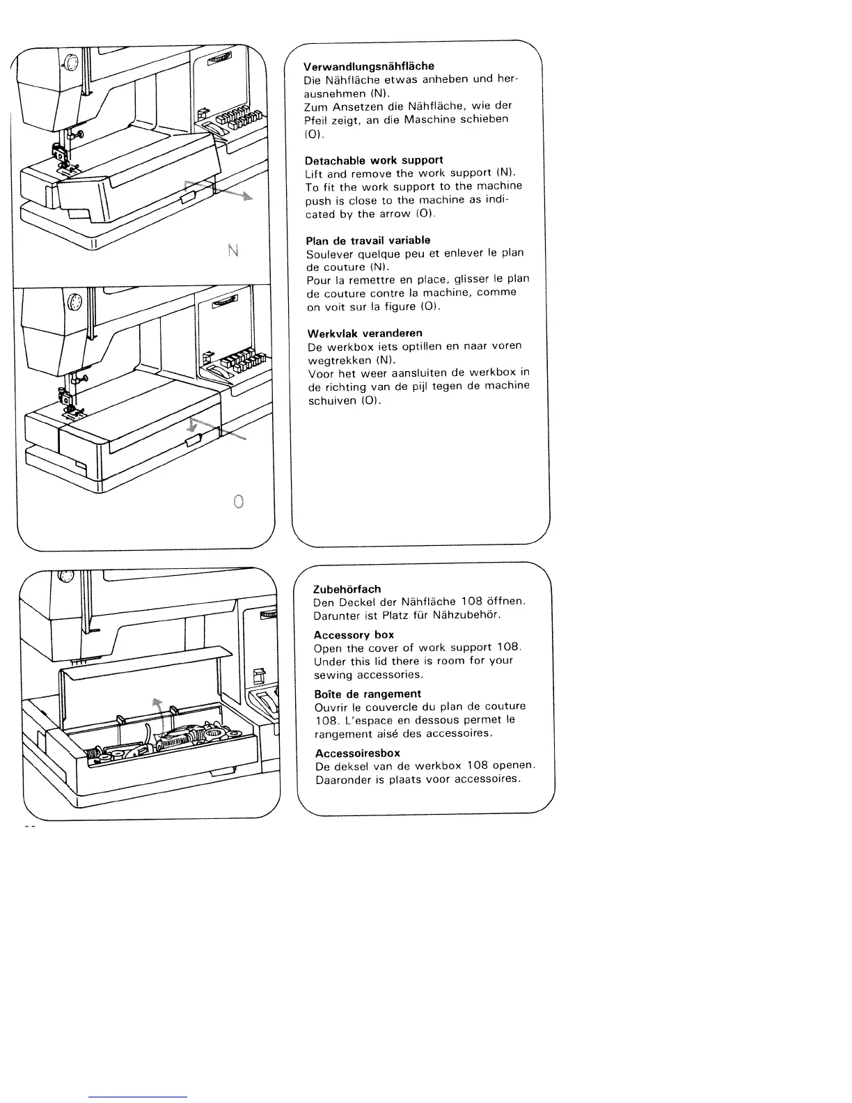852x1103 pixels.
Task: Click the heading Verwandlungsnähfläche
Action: (369, 66)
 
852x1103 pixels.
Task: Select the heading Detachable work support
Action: (374, 159)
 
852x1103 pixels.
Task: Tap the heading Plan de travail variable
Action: (368, 240)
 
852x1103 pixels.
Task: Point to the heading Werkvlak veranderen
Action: (365, 333)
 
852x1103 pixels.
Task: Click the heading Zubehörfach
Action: (347, 589)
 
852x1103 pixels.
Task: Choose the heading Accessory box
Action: (354, 635)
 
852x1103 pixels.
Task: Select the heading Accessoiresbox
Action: (357, 753)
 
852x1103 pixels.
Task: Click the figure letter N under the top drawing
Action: (233, 250)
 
